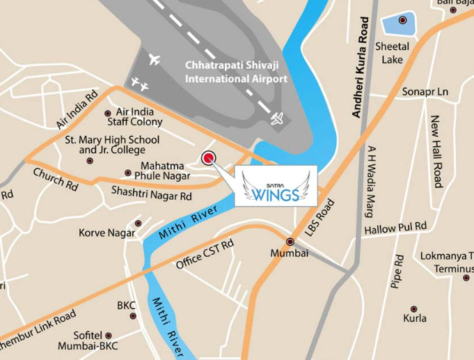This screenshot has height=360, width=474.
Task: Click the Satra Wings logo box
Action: [276, 186]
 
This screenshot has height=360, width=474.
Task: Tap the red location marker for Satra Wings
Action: [208, 158]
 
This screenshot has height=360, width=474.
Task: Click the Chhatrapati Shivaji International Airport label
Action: [236, 72]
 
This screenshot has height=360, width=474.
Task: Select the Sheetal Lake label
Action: [392, 53]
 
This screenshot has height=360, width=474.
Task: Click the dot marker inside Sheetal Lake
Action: [402, 21]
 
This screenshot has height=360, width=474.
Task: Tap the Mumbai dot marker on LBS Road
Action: [290, 242]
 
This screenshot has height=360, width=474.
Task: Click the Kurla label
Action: [415, 318]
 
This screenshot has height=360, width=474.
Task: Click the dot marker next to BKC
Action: [133, 315]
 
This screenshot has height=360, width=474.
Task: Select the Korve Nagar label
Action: [106, 233]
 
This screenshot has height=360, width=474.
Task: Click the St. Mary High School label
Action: [105, 145]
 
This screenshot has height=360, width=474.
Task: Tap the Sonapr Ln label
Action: [425, 92]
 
